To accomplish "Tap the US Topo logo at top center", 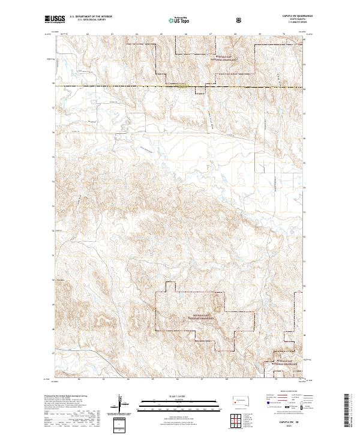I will point(179,20).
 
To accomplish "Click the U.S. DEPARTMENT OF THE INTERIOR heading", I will point(91,17).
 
